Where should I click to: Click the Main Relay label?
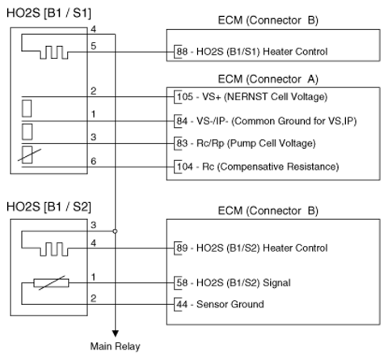click(115, 346)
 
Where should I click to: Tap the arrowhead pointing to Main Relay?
click(116, 333)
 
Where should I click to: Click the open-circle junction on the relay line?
click(115, 231)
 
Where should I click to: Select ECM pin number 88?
click(182, 51)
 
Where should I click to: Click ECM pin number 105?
click(185, 96)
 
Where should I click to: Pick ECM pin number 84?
click(182, 121)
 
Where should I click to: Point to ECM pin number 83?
click(182, 143)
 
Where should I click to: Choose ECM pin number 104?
click(185, 167)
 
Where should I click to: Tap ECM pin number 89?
click(182, 248)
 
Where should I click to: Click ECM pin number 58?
click(182, 282)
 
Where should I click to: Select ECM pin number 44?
click(182, 304)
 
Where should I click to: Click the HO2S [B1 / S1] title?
click(48, 13)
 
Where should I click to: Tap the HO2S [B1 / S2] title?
click(48, 207)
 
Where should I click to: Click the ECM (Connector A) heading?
click(268, 79)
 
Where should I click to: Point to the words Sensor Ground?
click(230, 304)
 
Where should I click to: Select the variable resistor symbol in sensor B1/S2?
click(51, 283)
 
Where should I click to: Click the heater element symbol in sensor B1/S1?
click(54, 53)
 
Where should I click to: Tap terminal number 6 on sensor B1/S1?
click(93, 161)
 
